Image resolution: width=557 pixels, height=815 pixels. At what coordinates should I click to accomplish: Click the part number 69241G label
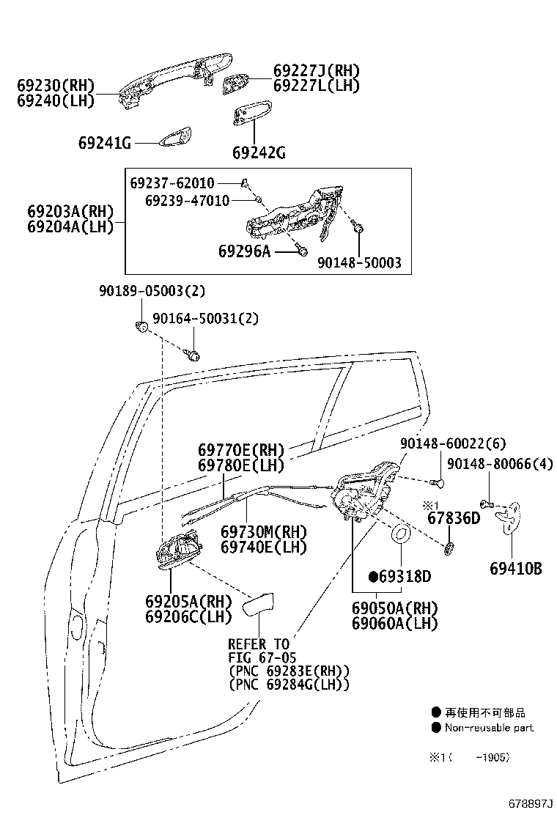click(x=104, y=143)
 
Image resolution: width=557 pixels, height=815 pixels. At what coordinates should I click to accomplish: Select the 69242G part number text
click(x=258, y=153)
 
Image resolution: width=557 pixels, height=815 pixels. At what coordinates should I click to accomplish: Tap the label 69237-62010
click(x=172, y=182)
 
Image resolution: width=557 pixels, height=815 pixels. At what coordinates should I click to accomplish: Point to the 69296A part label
click(x=244, y=251)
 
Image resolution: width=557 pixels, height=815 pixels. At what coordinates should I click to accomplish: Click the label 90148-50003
click(x=359, y=262)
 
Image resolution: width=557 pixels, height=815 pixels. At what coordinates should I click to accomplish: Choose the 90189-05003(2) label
click(x=152, y=291)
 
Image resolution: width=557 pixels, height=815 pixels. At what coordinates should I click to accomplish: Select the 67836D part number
click(x=453, y=519)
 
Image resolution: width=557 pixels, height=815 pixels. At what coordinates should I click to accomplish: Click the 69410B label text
click(x=516, y=568)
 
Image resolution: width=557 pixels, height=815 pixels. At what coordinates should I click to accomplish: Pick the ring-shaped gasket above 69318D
click(x=402, y=534)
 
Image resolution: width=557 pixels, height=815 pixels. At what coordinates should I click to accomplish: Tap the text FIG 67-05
click(x=262, y=657)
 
